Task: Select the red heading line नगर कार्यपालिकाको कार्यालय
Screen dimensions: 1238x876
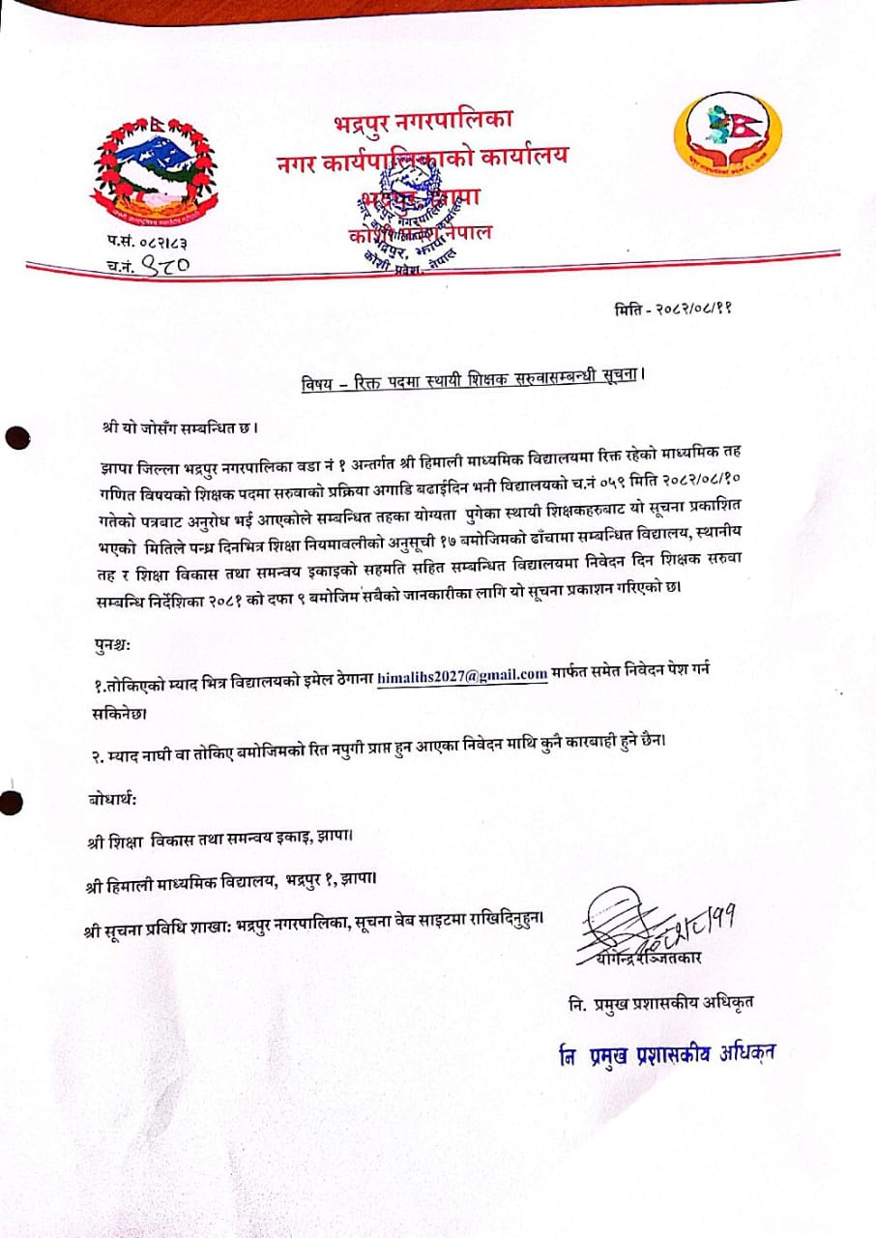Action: (423, 156)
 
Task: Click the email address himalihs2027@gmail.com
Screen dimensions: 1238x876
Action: (462, 674)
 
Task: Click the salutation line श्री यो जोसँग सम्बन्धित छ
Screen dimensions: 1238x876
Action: (181, 427)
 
